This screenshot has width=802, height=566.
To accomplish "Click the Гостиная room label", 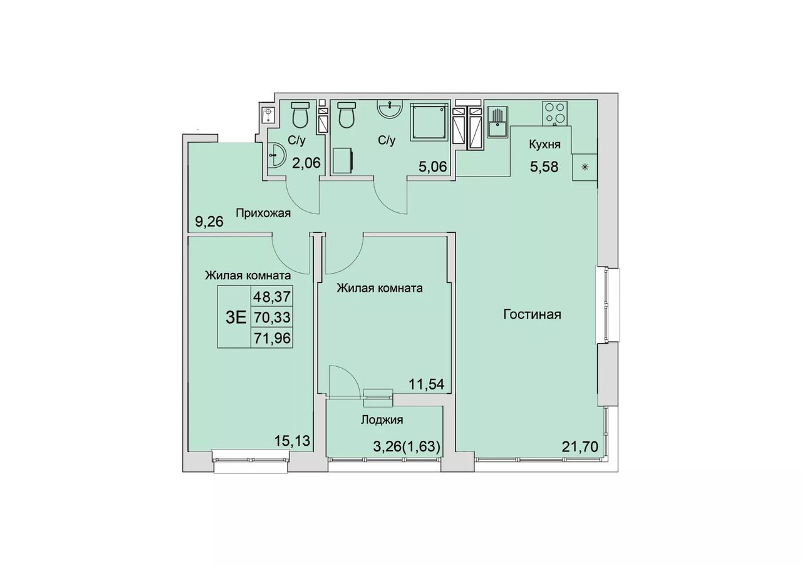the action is point(532,315).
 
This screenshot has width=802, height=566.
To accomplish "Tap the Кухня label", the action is point(545,145).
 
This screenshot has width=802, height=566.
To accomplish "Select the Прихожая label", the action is point(263,214).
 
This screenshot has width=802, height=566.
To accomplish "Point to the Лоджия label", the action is point(382,419).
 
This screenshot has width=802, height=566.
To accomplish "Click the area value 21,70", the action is point(580,447).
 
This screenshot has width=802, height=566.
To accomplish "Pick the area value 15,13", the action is point(292,440).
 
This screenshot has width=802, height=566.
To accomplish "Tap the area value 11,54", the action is point(427,384).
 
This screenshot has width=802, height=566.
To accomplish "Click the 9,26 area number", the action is point(209,222).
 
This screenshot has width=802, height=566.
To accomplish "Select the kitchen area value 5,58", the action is point(544,167).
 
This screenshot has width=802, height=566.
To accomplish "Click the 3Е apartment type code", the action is point(236,317).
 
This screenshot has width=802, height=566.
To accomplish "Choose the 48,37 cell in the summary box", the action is point(272,296).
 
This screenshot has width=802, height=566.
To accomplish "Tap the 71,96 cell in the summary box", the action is point(272,338).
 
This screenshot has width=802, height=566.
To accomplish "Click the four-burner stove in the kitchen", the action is point(555,113).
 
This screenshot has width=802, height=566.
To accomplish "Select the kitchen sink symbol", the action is point(497,123).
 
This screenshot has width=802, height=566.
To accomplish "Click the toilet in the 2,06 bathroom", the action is point(300,115).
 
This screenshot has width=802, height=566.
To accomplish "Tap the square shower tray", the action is point(429,122).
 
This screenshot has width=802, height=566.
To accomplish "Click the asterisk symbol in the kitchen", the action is point(585,167).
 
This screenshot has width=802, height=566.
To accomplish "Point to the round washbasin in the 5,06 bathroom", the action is point(390,108).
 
